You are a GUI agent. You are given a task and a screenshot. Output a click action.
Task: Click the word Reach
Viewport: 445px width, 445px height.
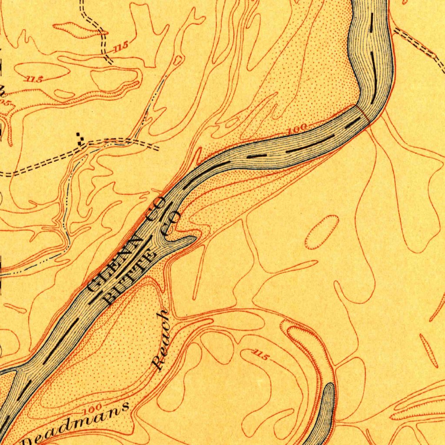click(160, 340)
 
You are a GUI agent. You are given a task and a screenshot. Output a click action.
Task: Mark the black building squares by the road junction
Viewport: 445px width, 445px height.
click(80, 138)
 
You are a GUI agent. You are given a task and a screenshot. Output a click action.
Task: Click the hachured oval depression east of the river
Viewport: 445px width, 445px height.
click(322, 232)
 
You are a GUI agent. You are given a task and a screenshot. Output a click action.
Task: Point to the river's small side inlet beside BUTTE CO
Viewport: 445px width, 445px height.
click(183, 241)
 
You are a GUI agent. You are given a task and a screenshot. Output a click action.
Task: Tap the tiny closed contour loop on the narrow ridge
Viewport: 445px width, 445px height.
click(177, 60)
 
